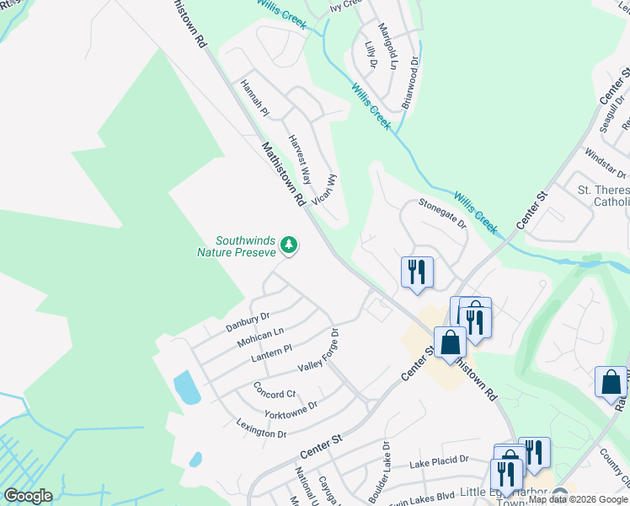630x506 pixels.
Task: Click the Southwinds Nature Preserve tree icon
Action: coord(289,245)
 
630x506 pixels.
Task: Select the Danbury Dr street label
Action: coord(247,321)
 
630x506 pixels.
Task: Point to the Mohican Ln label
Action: coord(260,336)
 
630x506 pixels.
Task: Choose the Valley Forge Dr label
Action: coord(318,351)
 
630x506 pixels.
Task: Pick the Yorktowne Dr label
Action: coord(291,410)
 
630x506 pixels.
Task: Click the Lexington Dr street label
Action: coord(262,428)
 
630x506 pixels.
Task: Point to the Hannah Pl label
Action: coord(254,99)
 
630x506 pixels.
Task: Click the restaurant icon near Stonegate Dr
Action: coord(417,272)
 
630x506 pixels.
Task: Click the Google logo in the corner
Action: coord(28,496)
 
